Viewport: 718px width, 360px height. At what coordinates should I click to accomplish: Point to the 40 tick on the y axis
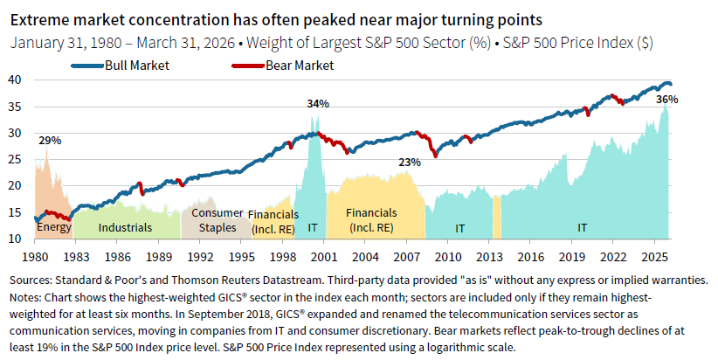(x=16, y=80)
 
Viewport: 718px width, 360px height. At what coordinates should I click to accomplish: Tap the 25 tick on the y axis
(x=16, y=159)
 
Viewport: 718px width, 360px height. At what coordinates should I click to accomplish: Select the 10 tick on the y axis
(x=16, y=239)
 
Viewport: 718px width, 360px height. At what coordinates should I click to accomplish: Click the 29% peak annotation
(x=49, y=140)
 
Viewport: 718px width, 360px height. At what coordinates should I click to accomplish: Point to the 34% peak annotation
(x=318, y=104)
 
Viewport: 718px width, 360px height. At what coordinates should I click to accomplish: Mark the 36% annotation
(x=667, y=100)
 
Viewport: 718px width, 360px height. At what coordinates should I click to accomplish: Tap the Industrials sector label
(x=125, y=227)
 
